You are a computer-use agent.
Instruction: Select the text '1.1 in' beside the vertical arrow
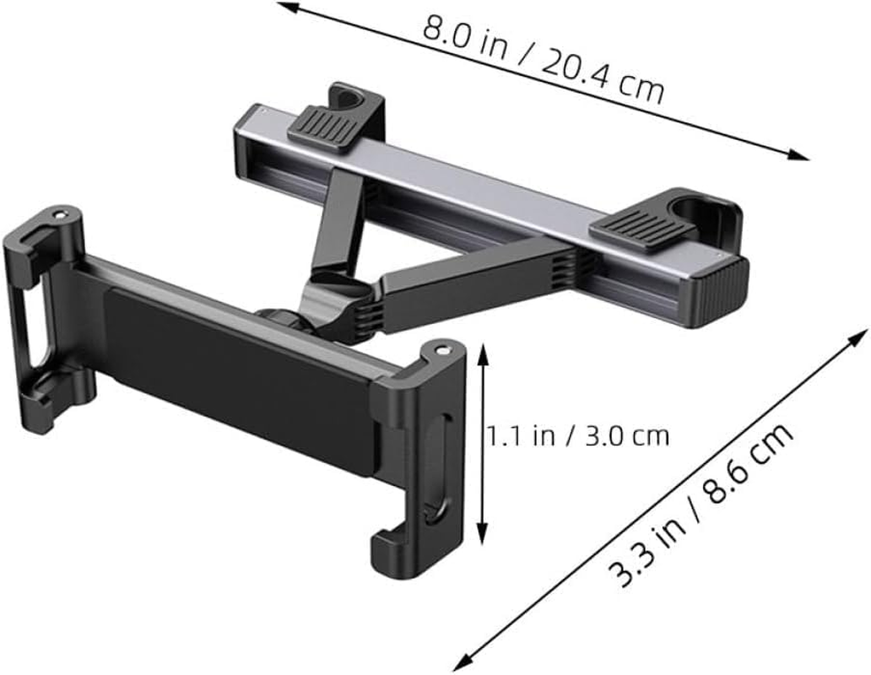514,436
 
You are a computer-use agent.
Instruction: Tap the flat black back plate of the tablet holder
236,371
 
